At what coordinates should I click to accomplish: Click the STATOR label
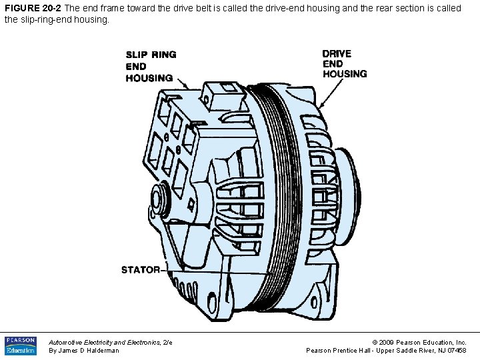(x=141, y=270)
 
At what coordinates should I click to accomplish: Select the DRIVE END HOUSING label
(x=345, y=64)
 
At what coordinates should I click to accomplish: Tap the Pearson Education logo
(x=21, y=345)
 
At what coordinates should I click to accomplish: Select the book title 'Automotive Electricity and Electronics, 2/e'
(x=111, y=341)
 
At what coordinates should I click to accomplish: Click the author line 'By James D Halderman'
(x=84, y=351)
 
